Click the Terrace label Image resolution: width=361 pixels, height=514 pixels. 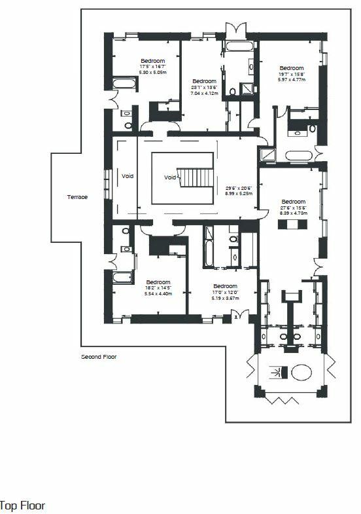[77, 197]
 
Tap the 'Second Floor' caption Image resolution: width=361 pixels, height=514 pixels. [99, 357]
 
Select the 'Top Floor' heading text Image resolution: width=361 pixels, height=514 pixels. [22, 505]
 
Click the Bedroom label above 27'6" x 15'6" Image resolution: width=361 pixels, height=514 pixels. [293, 202]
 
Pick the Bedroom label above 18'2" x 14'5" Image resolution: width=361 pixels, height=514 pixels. [158, 282]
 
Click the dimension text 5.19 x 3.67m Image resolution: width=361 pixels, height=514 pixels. [225, 298]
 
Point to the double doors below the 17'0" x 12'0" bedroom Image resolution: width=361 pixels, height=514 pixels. [235, 317]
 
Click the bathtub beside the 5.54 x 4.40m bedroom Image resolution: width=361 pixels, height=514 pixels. [122, 277]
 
